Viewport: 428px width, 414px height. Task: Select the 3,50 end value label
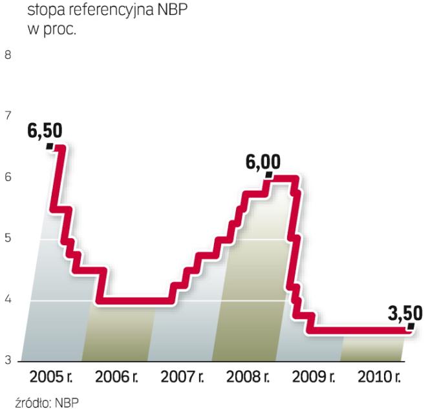pyautogui.click(x=405, y=314)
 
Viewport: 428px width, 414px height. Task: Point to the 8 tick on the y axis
pyautogui.click(x=8, y=55)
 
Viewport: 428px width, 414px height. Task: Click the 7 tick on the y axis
pyautogui.click(x=8, y=116)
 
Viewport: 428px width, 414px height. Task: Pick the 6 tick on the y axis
pyautogui.click(x=8, y=177)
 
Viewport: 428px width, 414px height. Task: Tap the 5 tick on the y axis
pyautogui.click(x=8, y=239)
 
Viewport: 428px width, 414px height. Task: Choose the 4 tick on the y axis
pyautogui.click(x=8, y=300)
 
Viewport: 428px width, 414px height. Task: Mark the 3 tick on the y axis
pyautogui.click(x=8, y=361)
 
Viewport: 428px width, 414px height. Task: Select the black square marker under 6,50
pyautogui.click(x=50, y=146)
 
